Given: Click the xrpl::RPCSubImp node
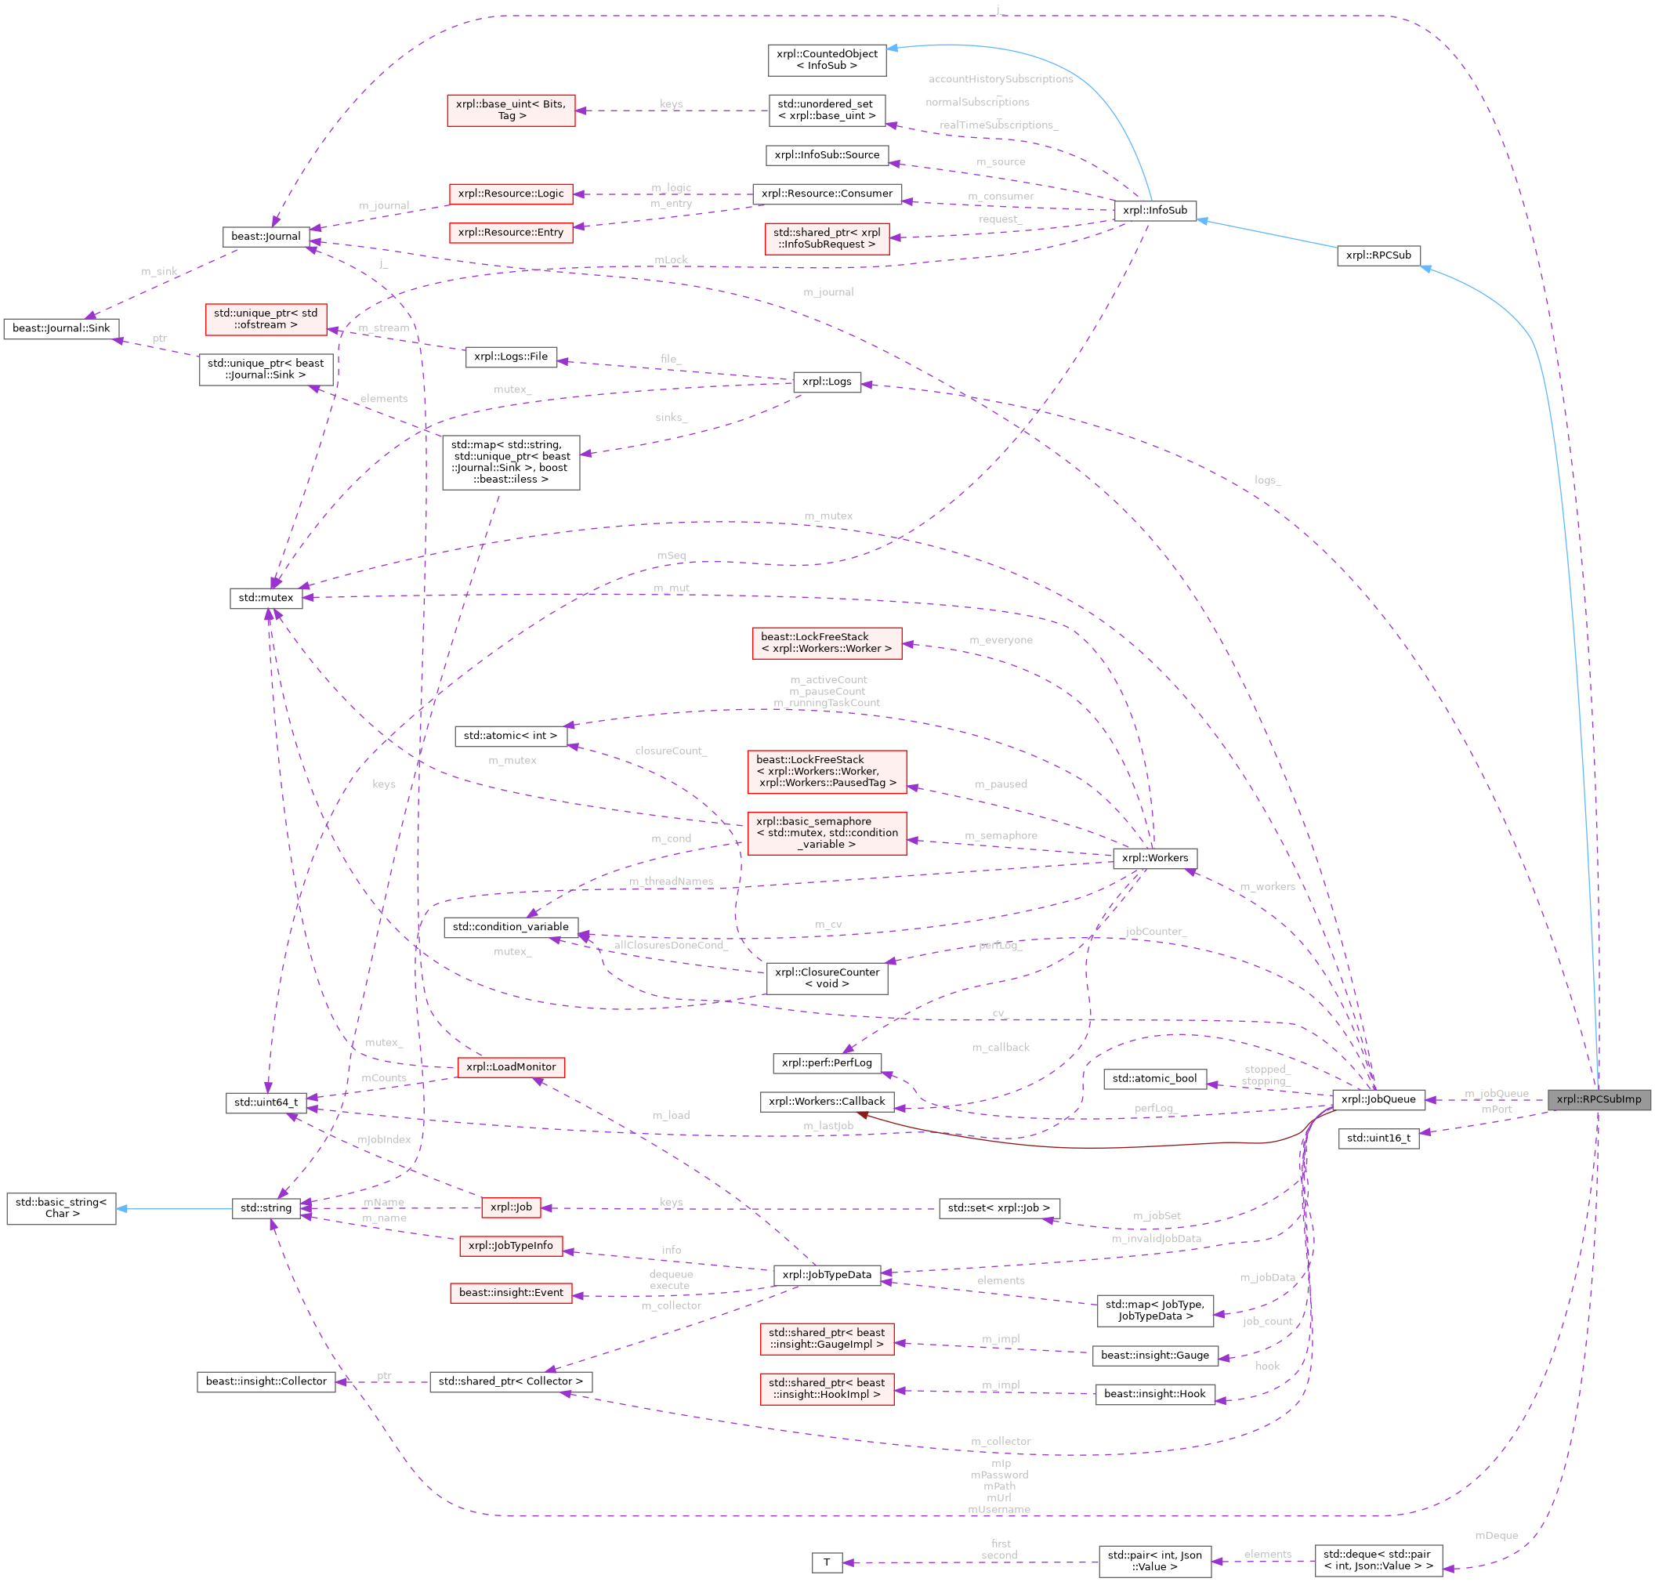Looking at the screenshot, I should [x=1599, y=1099].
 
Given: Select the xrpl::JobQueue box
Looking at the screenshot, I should [x=1378, y=1099].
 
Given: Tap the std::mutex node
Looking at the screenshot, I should [x=266, y=598].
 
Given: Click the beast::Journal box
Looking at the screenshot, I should [x=266, y=236].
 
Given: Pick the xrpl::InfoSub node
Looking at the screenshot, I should [x=1154, y=210].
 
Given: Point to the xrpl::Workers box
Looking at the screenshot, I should [x=1154, y=858].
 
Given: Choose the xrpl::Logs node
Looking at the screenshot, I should [x=826, y=381].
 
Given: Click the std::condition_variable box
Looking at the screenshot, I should [x=510, y=927].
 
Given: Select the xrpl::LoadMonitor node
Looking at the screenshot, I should [x=510, y=1066].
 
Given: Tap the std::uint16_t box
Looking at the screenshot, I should [x=1378, y=1138].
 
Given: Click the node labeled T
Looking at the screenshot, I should [x=826, y=1562].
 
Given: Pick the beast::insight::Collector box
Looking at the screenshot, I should [x=266, y=1381].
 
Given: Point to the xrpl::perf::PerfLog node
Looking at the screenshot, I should [x=826, y=1063].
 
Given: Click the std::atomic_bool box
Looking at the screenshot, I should [x=1154, y=1077].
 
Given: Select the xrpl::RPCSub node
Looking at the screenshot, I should [x=1378, y=255].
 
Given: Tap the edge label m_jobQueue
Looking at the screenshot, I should [x=1497, y=1094].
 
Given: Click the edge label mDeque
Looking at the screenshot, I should [x=1496, y=1536].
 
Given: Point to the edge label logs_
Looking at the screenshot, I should [x=1267, y=480].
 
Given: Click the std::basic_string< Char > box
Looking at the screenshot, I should [x=61, y=1207].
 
